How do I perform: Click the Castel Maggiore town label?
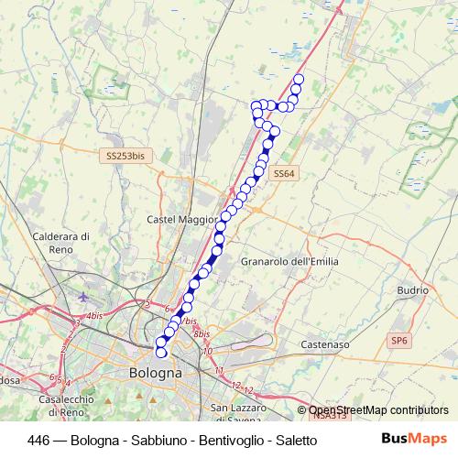tap(181, 220)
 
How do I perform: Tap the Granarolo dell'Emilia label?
tap(289, 261)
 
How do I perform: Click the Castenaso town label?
tap(325, 344)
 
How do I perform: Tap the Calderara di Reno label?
tap(60, 242)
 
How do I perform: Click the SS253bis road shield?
tap(125, 157)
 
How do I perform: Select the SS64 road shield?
tap(284, 173)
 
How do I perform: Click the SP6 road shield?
tap(399, 341)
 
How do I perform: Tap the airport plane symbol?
tap(84, 296)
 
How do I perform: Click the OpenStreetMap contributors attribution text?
tap(378, 410)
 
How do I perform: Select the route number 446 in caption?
tap(38, 440)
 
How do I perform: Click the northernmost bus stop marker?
tap(298, 79)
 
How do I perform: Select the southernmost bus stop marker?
tap(161, 352)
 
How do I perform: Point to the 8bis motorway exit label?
tap(202, 334)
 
